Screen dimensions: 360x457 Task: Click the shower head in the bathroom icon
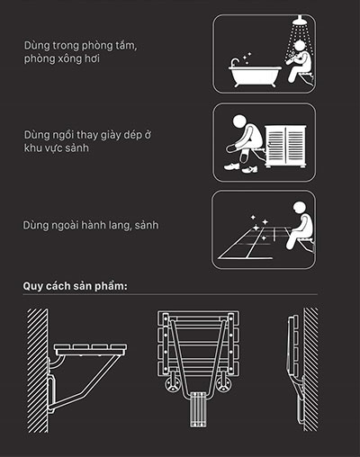pyautogui.click(x=299, y=21)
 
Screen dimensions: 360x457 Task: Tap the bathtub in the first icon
pyautogui.click(x=255, y=75)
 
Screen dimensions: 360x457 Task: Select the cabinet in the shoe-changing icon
pyautogui.click(x=285, y=147)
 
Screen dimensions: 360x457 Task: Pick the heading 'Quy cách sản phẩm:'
pyautogui.click(x=76, y=286)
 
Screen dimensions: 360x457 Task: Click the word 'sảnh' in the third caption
pyautogui.click(x=147, y=225)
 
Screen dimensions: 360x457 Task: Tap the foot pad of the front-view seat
pyautogui.click(x=198, y=409)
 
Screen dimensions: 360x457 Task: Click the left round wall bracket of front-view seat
pyautogui.click(x=173, y=384)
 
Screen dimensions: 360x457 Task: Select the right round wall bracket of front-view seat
pyautogui.click(x=223, y=384)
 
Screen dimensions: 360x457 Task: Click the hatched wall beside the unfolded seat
pyautogui.click(x=38, y=371)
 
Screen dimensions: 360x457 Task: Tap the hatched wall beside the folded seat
pyautogui.click(x=310, y=370)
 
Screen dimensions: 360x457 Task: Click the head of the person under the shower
pyautogui.click(x=299, y=47)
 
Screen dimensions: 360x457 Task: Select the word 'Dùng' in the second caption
pyautogui.click(x=37, y=135)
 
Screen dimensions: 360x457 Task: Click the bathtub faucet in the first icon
pyautogui.click(x=234, y=62)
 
